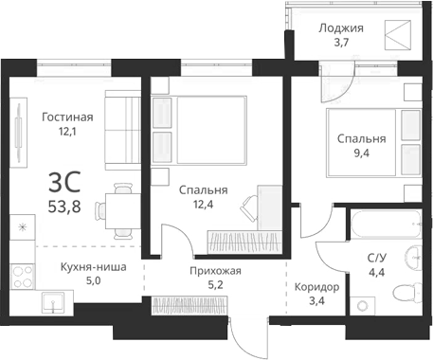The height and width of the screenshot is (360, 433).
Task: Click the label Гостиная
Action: pyautogui.click(x=66, y=117)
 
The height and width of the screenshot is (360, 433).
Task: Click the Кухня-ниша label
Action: pyautogui.click(x=93, y=266)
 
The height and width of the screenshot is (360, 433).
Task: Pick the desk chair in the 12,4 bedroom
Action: pyautogui.click(x=248, y=204)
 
